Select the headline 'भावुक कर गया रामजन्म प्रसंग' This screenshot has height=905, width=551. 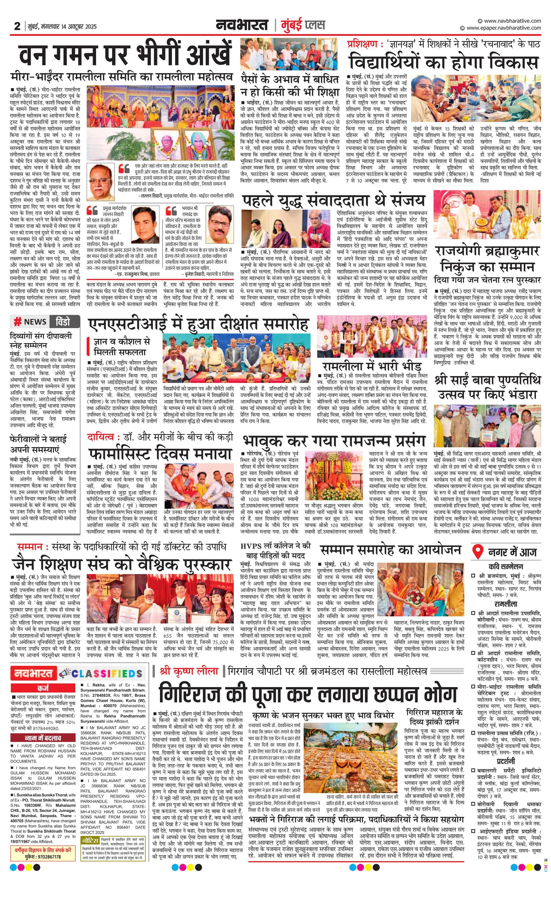(334, 441)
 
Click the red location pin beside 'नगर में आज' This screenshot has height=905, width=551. (478, 552)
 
